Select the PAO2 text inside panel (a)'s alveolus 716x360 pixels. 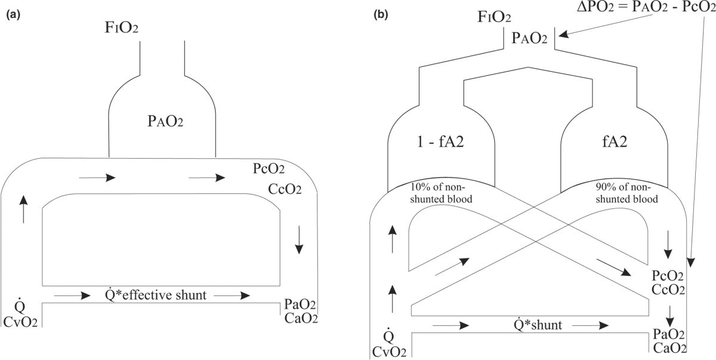pyautogui.click(x=162, y=122)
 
